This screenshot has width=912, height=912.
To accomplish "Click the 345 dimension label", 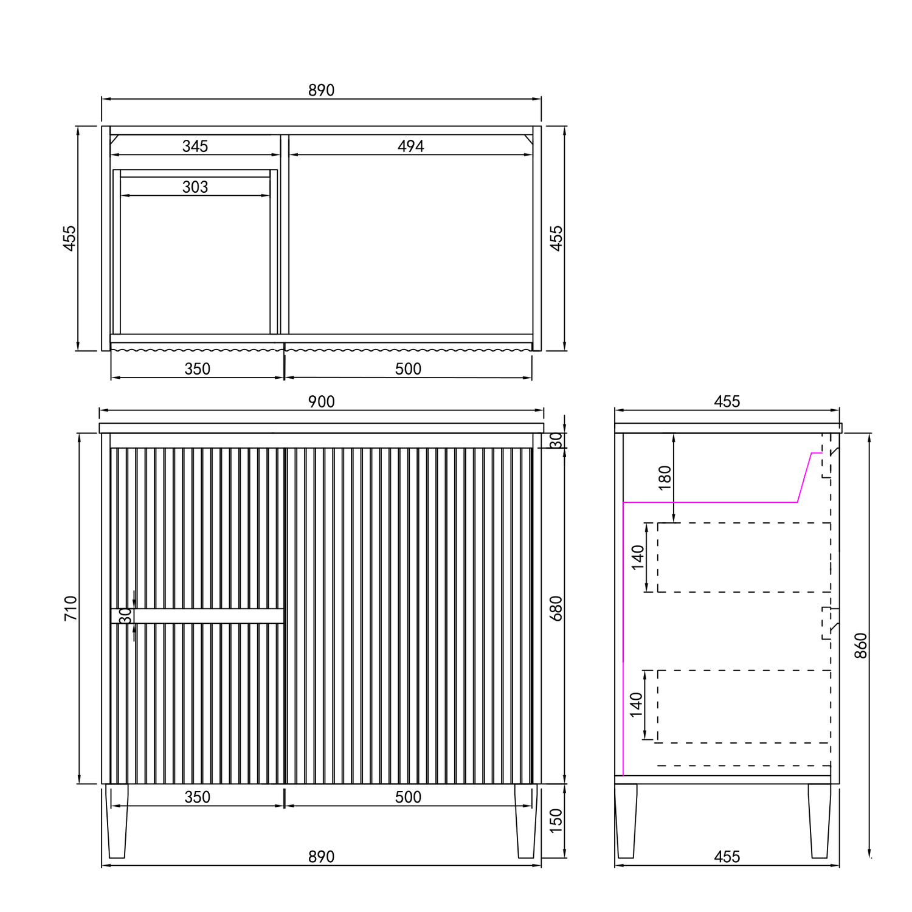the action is [195, 146].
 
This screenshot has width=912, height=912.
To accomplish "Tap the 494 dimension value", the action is [411, 146].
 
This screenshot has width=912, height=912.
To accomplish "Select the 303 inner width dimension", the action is [195, 187].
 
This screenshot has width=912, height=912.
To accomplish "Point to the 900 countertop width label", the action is [321, 401].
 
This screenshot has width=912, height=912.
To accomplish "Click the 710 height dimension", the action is [71, 608].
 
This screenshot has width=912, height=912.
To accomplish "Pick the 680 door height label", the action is [556, 608].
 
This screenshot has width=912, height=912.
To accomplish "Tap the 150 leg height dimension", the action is [556, 821].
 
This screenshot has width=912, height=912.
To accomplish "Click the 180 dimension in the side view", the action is [665, 477].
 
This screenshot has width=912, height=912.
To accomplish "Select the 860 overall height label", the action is [861, 646].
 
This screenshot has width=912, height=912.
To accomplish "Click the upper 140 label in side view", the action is [637, 557].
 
